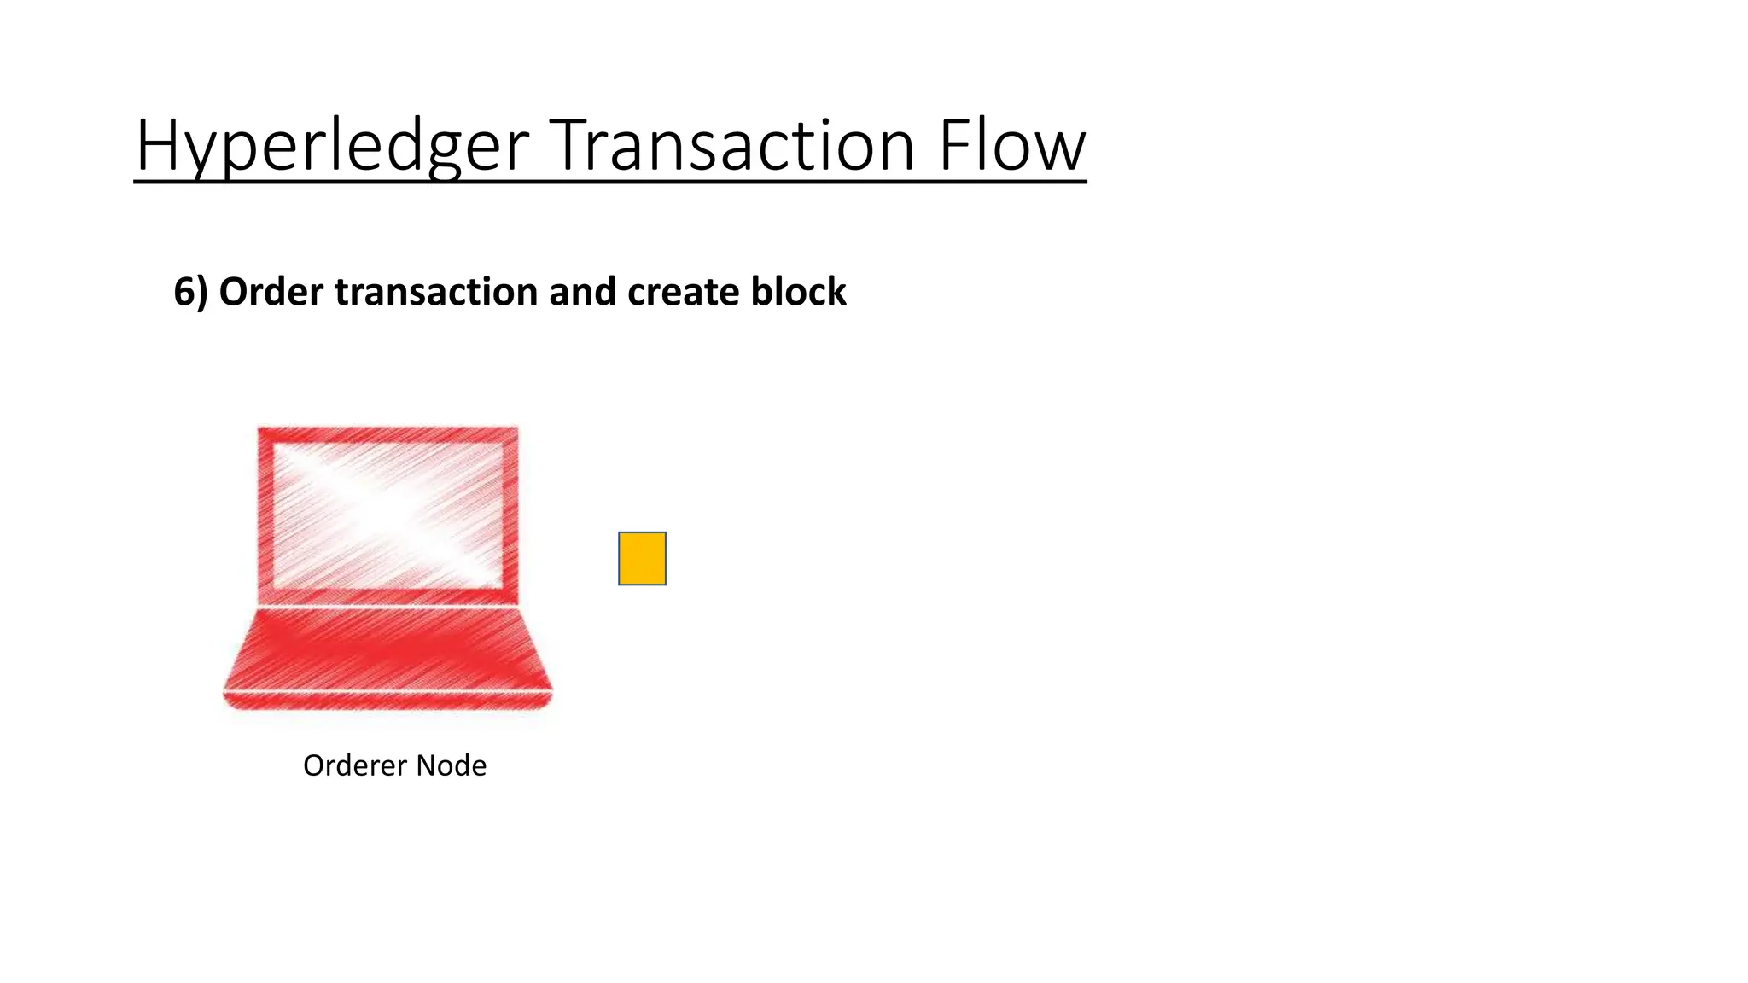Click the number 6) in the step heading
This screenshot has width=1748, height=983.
[x=189, y=292]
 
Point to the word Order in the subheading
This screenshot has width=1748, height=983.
[x=271, y=292]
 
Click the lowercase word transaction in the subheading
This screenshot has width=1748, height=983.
[x=436, y=292]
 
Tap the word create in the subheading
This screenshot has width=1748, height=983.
[x=683, y=292]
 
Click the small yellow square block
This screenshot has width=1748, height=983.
[x=642, y=559]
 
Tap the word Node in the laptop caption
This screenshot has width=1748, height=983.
[x=452, y=765]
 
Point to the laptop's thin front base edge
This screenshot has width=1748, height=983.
[x=388, y=700]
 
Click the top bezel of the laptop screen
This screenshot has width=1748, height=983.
[x=388, y=433]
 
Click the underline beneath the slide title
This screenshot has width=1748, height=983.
[x=610, y=181]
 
